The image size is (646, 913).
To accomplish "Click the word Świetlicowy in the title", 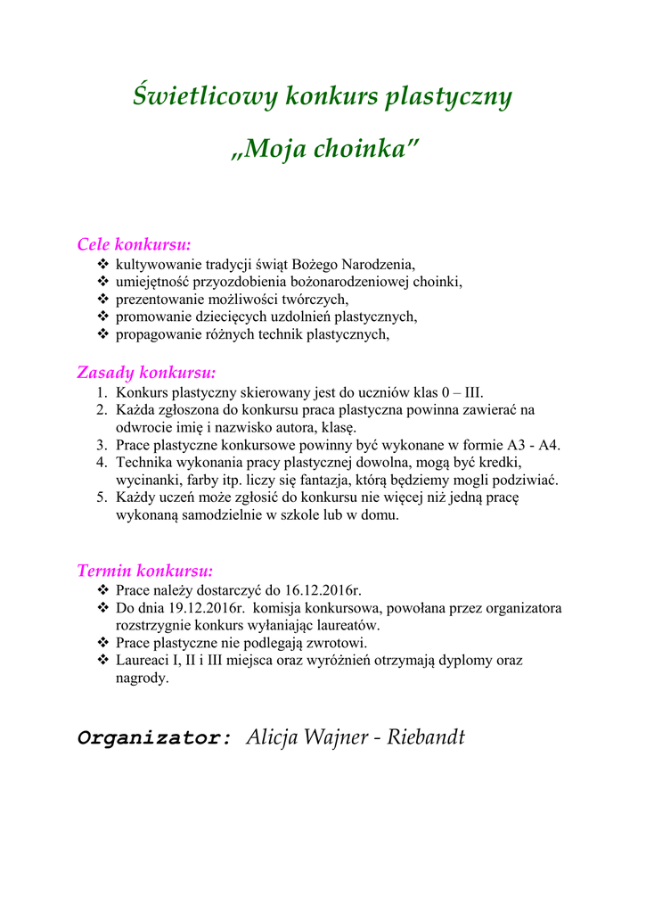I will tap(204, 96).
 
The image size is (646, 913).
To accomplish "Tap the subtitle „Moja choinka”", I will tap(323, 148).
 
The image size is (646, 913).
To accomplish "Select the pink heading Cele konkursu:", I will tap(135, 244).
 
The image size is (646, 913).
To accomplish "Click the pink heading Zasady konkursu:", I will tap(147, 372).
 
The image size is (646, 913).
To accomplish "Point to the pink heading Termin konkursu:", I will tap(145, 571).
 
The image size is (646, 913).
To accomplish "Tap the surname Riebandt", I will tap(426, 737).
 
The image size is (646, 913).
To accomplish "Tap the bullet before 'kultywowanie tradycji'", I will tap(102, 264).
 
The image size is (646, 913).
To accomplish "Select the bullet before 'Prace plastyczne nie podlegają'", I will tap(102, 643).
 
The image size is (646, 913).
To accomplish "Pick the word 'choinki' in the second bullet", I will tap(440, 282).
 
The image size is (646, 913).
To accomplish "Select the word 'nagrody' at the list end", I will tap(141, 679).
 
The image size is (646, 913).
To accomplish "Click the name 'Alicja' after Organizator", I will tap(274, 737).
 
